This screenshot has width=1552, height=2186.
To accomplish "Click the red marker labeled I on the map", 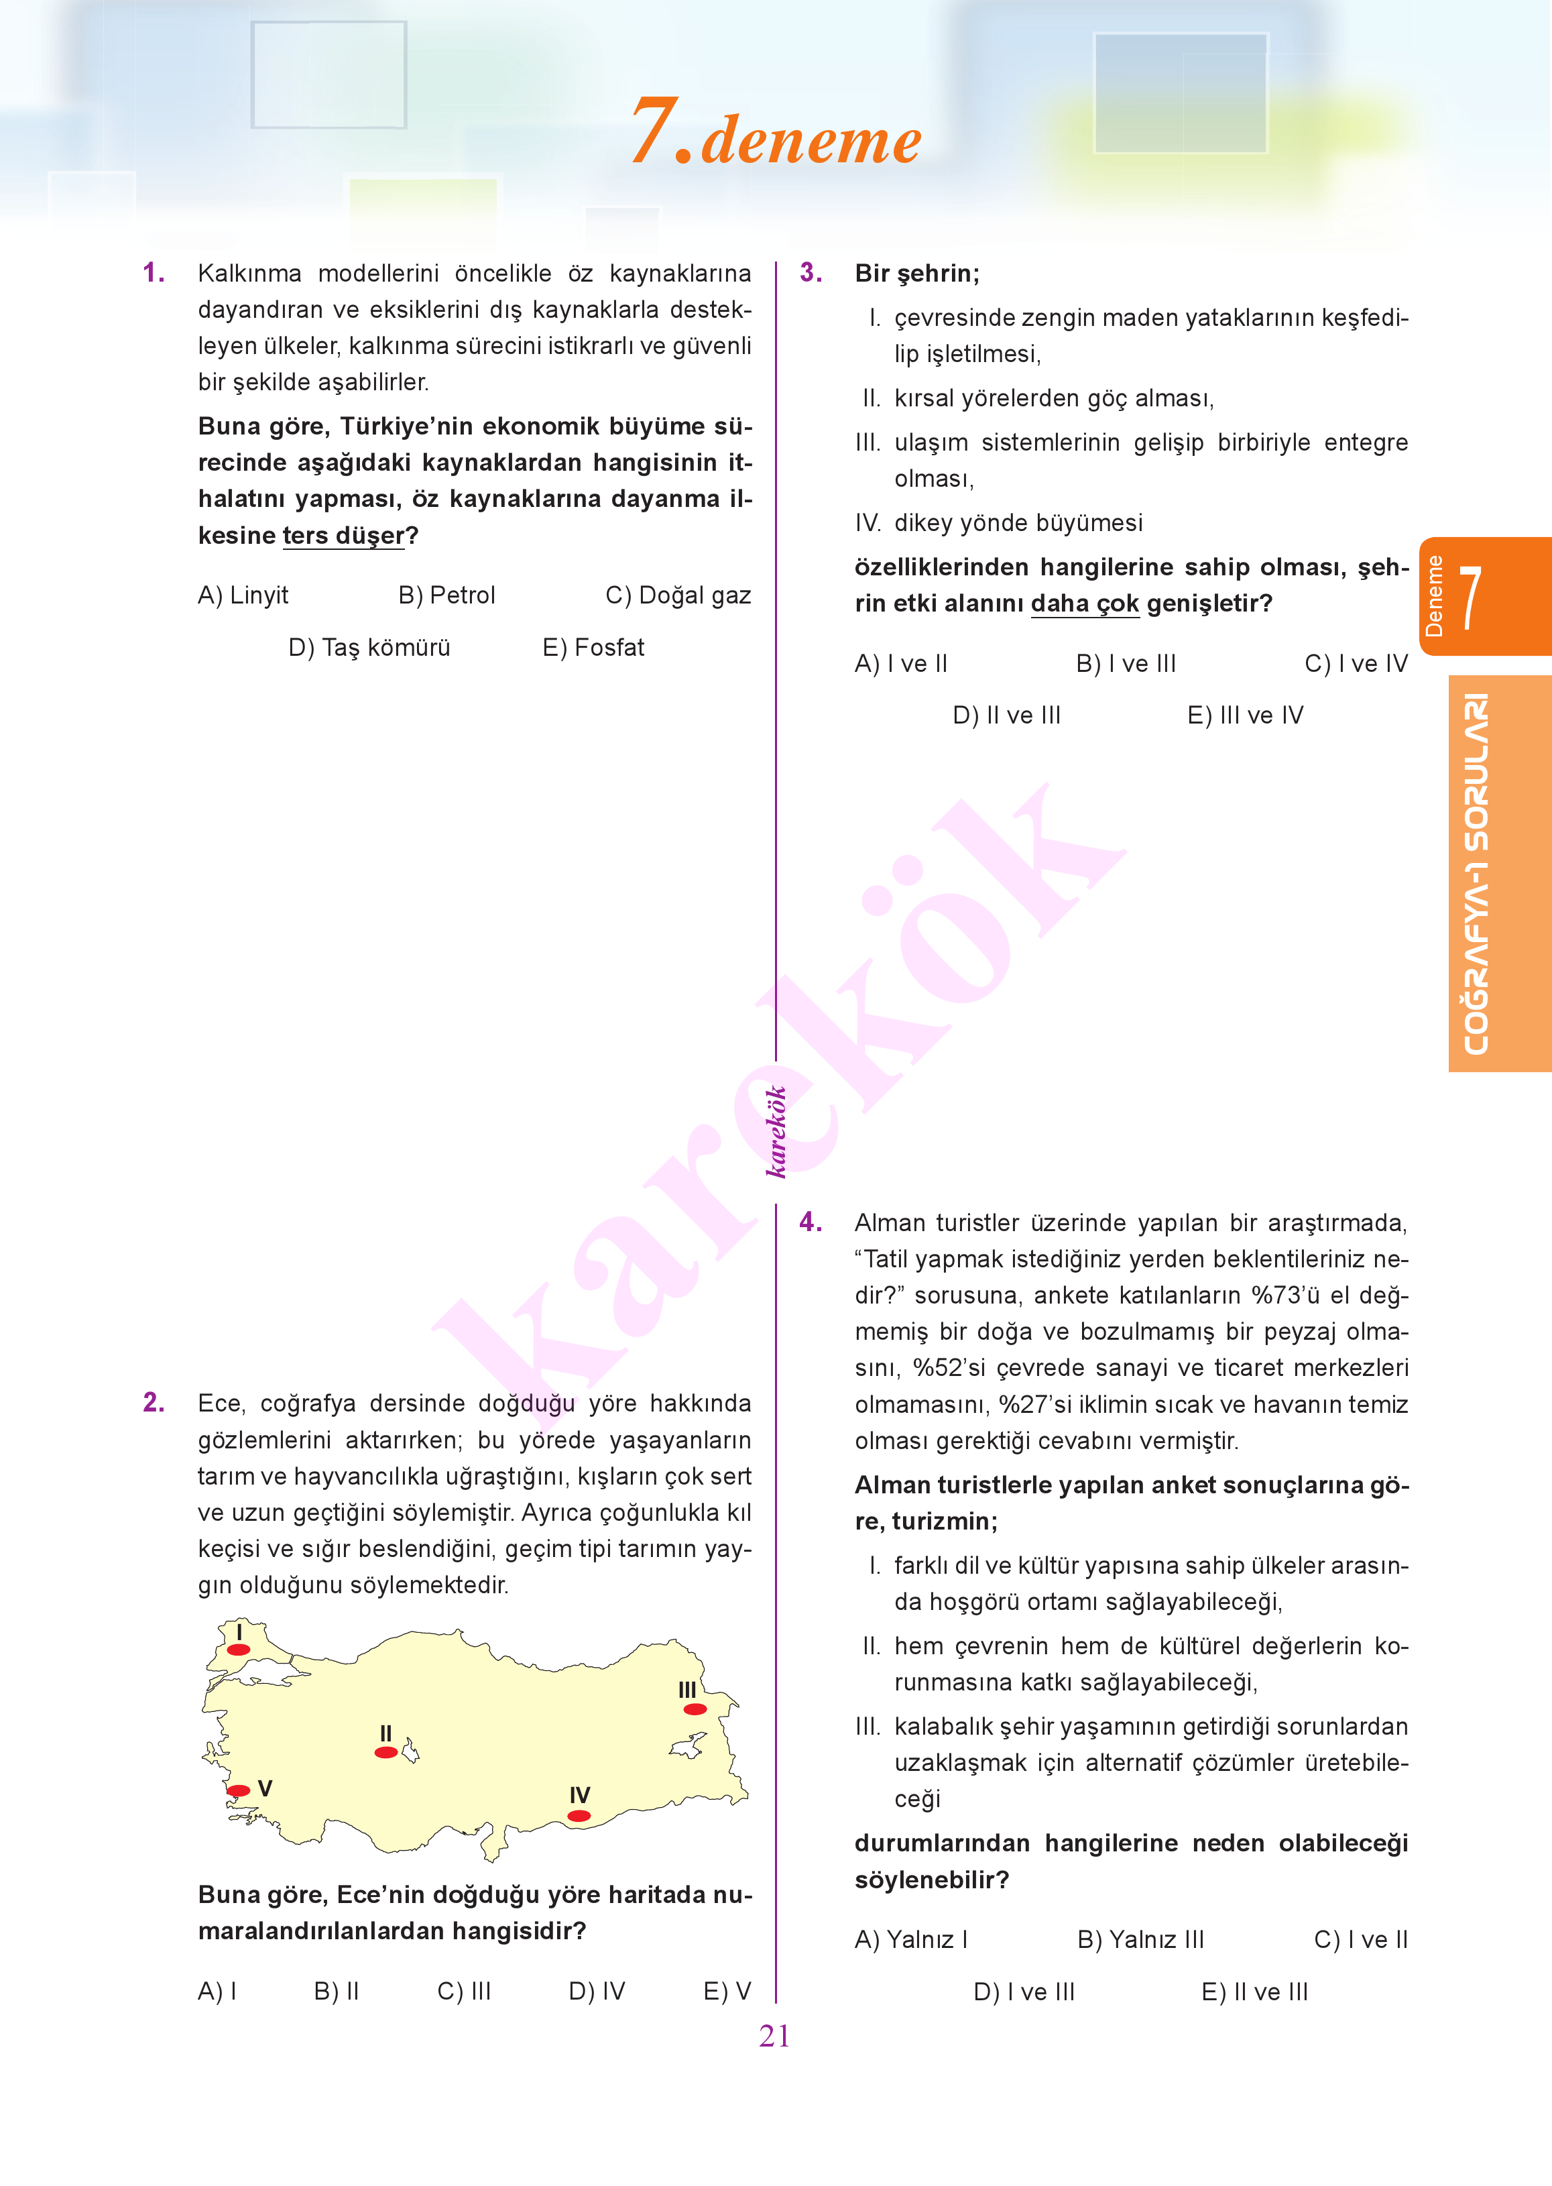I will [238, 1650].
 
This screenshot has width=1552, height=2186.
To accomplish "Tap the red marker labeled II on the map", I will [386, 1752].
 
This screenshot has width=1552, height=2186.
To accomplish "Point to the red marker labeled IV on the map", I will [579, 1815].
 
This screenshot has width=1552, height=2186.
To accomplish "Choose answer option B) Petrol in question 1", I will [446, 595].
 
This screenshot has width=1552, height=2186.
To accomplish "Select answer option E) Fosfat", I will [593, 648].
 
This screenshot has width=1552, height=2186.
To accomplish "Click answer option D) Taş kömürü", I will [369, 648].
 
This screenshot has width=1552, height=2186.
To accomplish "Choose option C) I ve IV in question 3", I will [1355, 663].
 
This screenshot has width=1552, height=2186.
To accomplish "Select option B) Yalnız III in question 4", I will [1140, 1939].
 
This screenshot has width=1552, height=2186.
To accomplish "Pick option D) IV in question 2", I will [597, 1991].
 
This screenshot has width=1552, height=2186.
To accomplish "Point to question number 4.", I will [811, 1222].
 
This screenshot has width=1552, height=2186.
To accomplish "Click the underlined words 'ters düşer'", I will [343, 536].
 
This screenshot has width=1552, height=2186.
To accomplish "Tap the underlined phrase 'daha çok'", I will [1084, 604].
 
